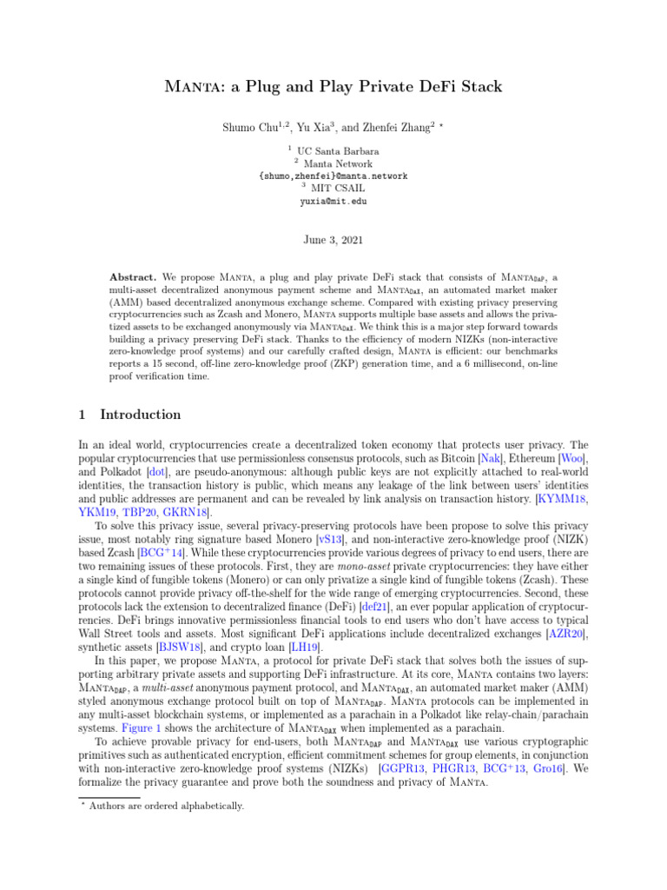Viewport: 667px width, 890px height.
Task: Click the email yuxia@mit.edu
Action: tap(333, 201)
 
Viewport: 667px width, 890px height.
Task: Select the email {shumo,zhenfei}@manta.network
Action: tap(333, 176)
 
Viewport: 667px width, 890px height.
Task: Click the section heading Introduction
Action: tap(141, 415)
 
